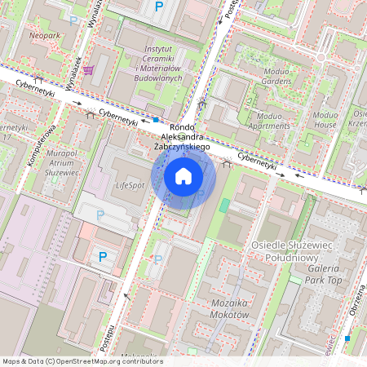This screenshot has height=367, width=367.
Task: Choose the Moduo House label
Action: coord(325,120)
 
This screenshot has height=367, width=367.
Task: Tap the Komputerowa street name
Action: coord(40,144)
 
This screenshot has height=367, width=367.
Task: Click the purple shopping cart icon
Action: coord(87,70)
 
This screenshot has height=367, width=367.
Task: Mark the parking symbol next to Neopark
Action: coord(74,20)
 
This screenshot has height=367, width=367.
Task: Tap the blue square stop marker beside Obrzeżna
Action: coord(347,338)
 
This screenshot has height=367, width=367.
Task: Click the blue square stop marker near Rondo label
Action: coord(156,119)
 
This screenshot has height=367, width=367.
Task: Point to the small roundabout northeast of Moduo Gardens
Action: coord(321,58)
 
